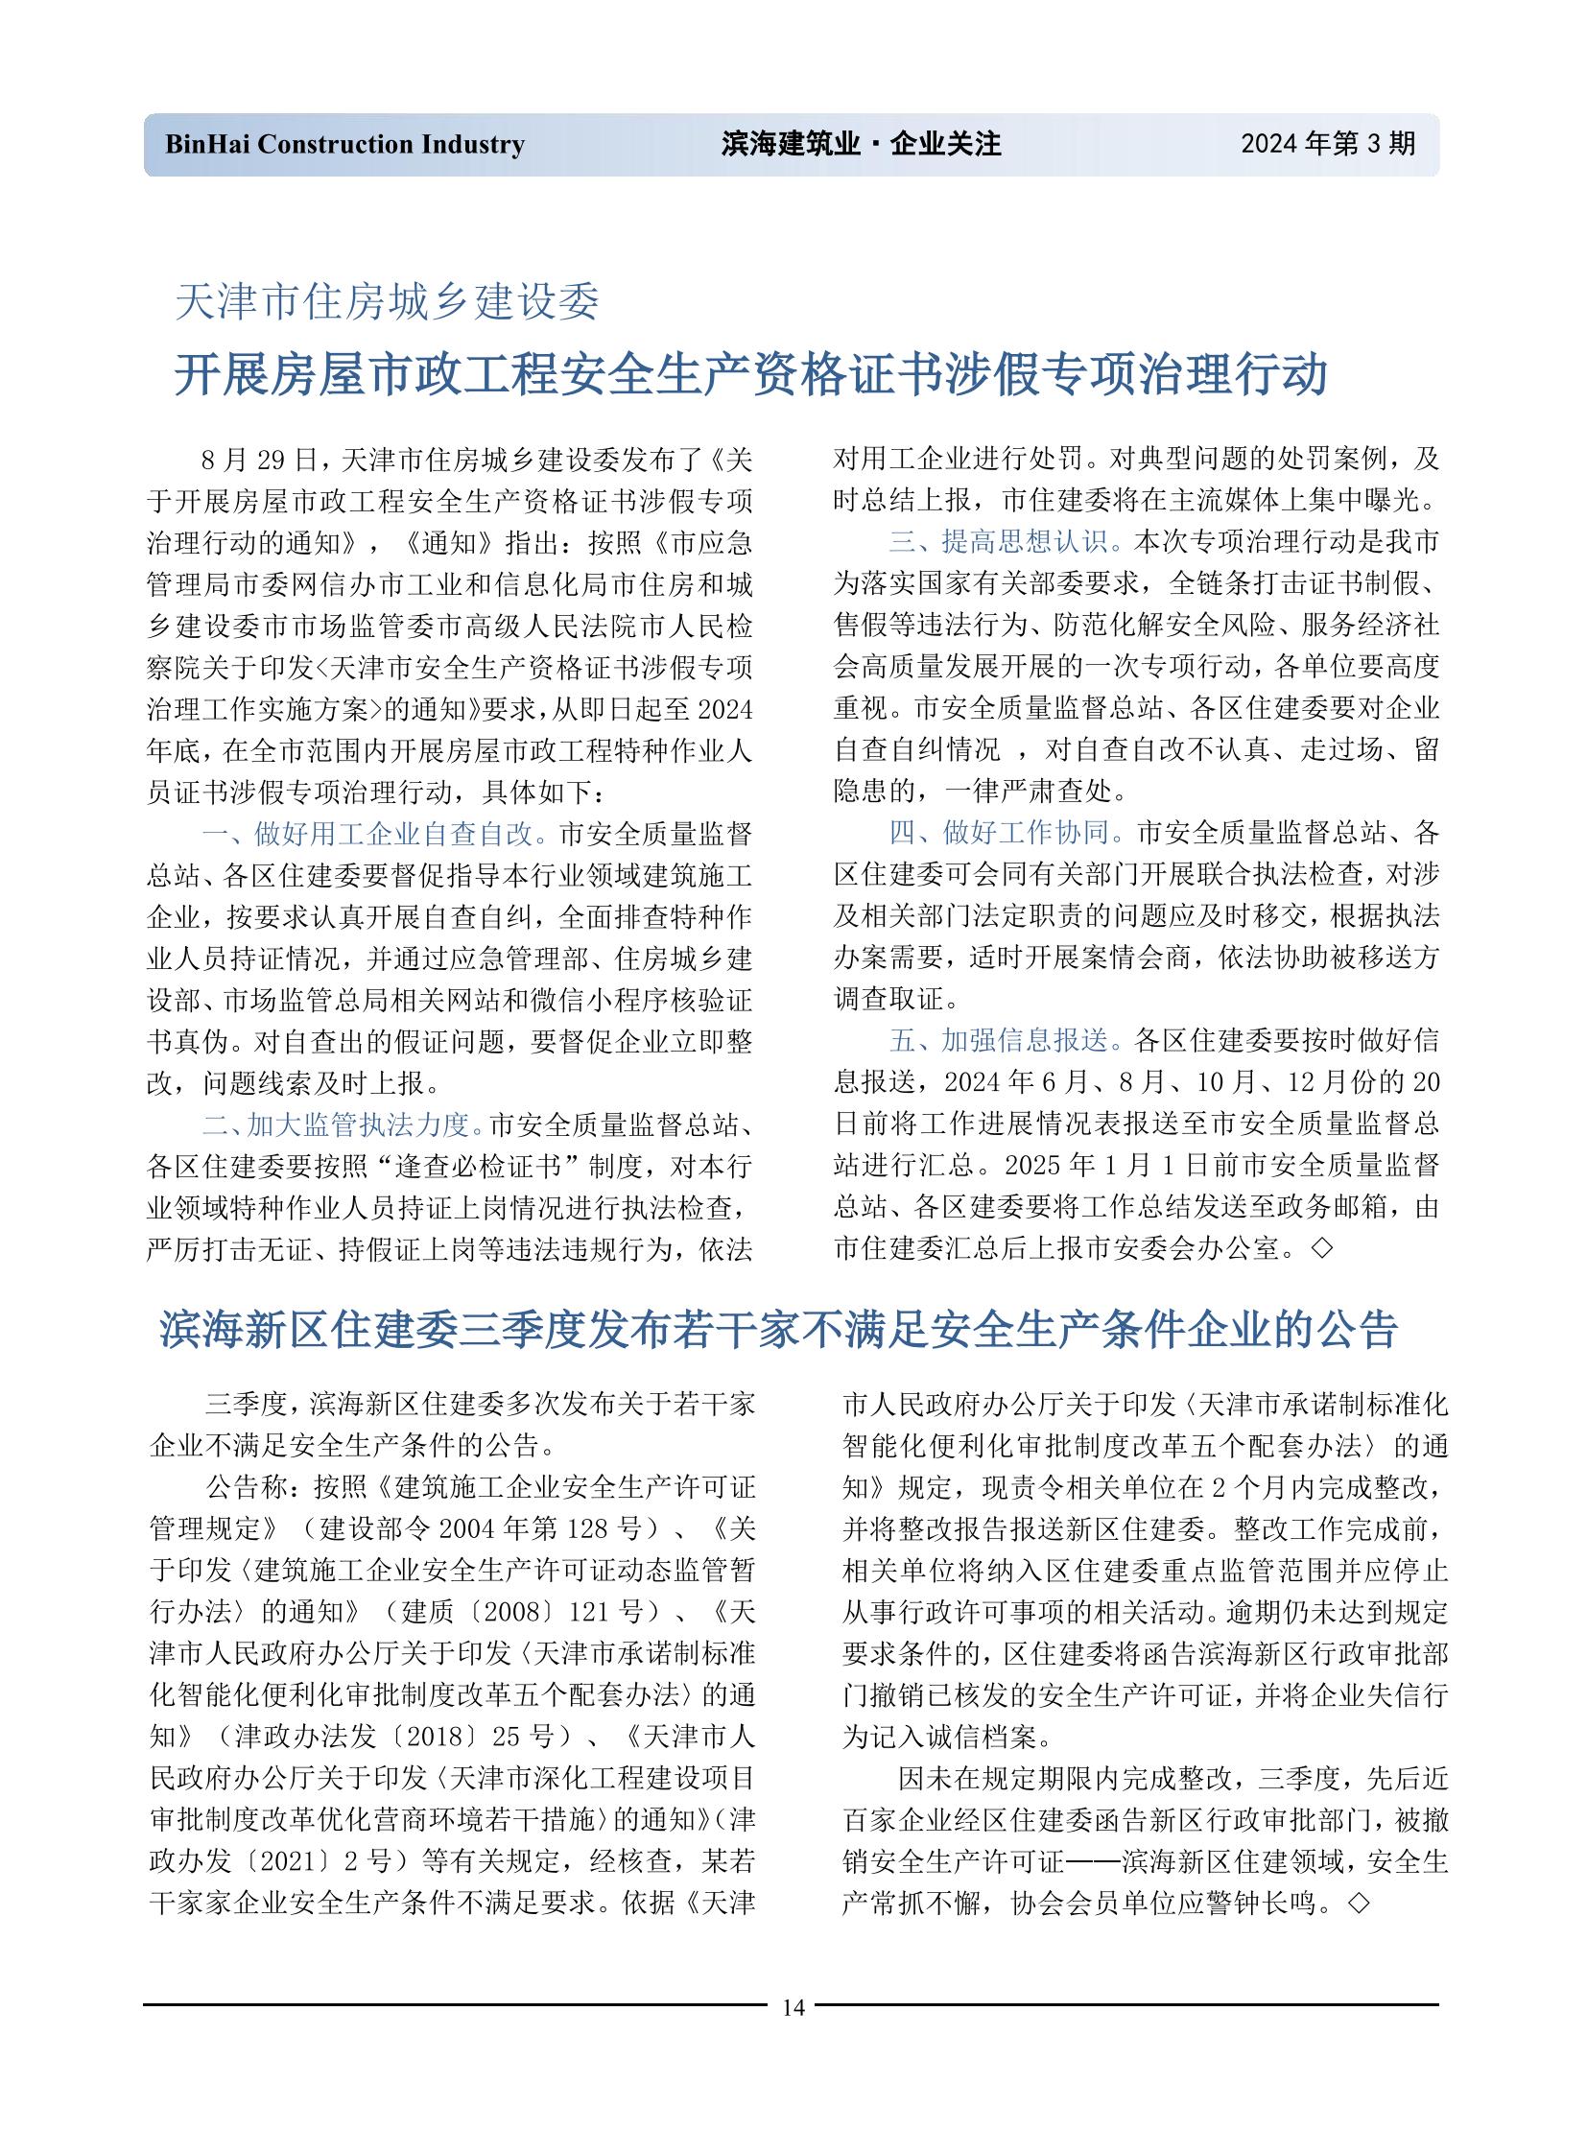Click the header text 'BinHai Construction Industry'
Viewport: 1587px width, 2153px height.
(344, 145)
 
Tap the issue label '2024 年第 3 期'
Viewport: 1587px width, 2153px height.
(1327, 144)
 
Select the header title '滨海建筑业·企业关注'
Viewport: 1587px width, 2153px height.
(861, 145)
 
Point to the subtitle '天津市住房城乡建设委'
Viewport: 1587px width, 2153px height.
(387, 302)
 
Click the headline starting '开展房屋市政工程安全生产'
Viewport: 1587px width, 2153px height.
(750, 375)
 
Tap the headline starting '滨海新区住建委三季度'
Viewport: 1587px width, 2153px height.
(778, 1330)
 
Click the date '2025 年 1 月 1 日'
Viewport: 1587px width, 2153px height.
(1102, 1166)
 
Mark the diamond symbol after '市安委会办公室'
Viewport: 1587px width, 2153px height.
(1322, 1249)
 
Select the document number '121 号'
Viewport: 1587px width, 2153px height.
(611, 1611)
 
